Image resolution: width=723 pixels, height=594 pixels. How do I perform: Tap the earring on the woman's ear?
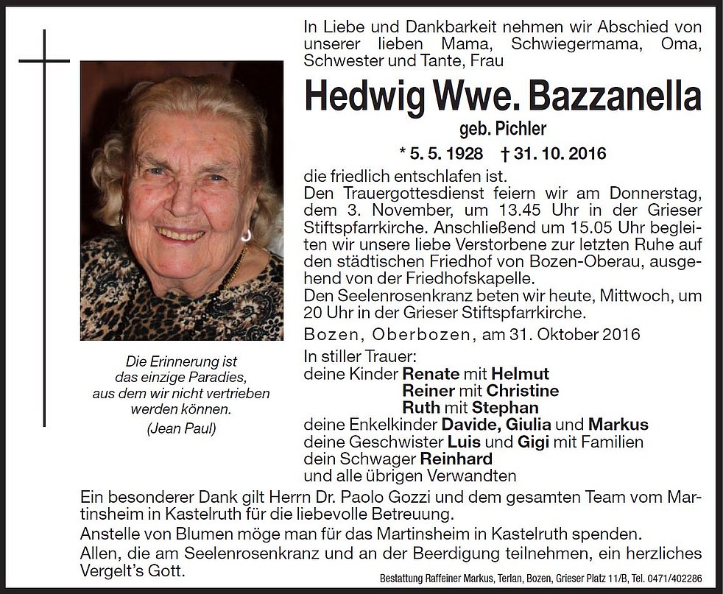(x=245, y=235)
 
